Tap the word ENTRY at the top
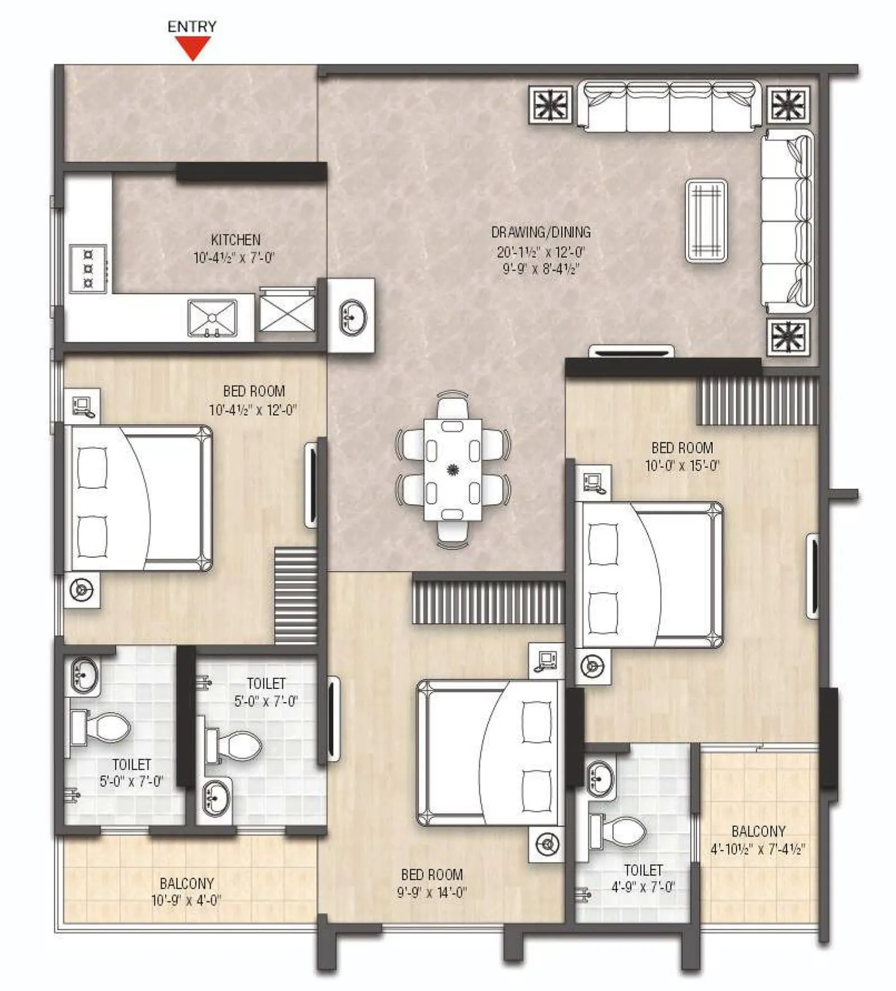coord(192,26)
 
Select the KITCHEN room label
coord(235,240)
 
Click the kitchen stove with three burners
coord(88,269)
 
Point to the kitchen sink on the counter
coord(212,318)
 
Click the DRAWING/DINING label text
coord(540,232)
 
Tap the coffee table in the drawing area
coord(706,220)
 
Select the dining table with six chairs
coord(452,469)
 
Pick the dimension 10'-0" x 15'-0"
coord(682,466)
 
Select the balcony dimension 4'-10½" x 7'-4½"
coord(758,849)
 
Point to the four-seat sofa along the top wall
coord(669,106)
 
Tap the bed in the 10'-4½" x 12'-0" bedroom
coord(138,498)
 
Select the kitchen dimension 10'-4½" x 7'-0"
coord(234,258)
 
